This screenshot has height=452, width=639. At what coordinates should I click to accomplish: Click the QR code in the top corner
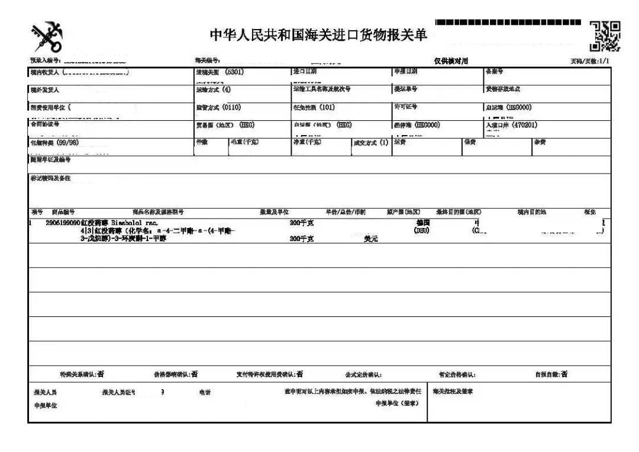(x=605, y=36)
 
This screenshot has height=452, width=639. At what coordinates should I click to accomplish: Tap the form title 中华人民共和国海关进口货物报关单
(x=318, y=35)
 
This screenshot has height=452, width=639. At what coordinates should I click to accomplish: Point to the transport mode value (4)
(x=227, y=89)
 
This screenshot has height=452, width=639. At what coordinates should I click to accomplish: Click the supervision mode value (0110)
(x=231, y=107)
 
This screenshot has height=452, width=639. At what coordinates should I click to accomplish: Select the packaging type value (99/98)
(x=67, y=143)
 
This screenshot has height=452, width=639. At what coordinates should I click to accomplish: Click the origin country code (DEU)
(x=421, y=230)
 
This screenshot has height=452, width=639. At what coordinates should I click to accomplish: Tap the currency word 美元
(x=370, y=239)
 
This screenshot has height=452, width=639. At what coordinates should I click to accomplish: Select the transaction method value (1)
(x=384, y=143)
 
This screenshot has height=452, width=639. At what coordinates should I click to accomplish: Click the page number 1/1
(x=604, y=61)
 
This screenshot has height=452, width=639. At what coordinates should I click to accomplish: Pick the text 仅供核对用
(x=451, y=61)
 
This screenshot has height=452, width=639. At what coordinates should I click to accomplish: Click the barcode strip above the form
(x=508, y=23)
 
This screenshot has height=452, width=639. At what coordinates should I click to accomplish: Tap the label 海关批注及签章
(x=453, y=392)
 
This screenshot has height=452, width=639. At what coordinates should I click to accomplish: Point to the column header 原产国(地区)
(x=404, y=212)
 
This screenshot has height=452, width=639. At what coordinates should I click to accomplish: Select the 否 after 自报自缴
(x=564, y=374)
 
